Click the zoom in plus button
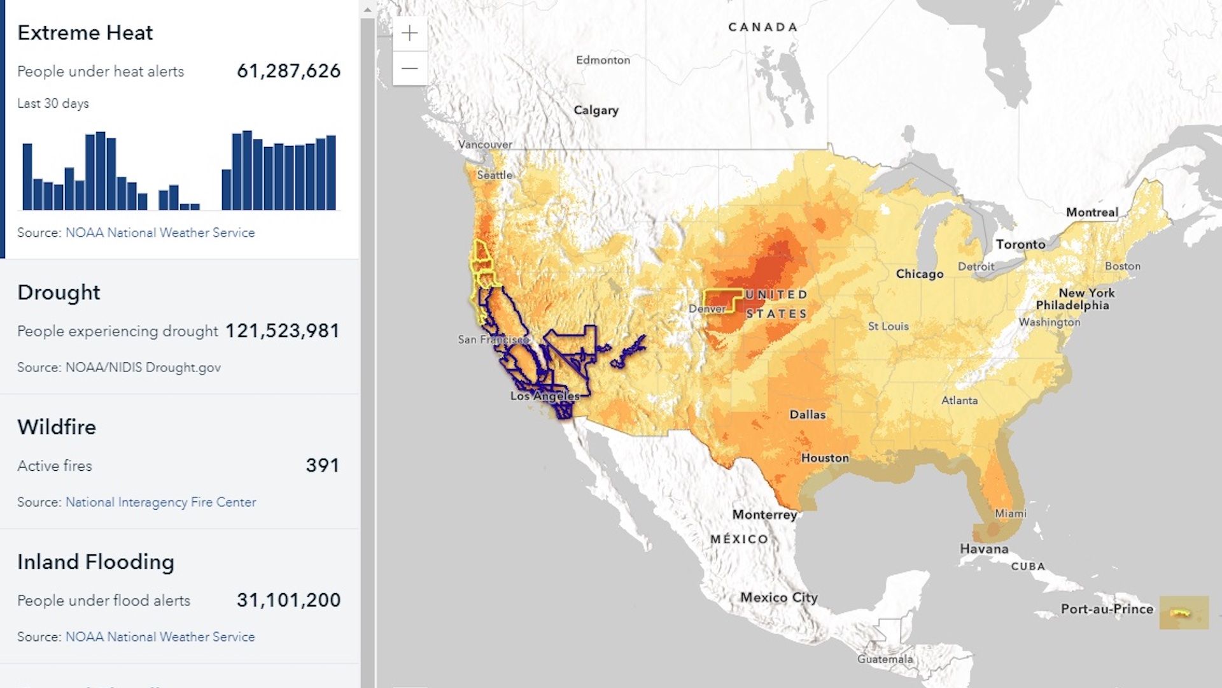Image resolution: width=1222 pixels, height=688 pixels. click(x=410, y=33)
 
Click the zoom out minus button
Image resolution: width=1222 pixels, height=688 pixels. click(x=410, y=68)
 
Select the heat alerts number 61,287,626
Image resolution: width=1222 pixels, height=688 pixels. click(x=288, y=71)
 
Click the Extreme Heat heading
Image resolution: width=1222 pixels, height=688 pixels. click(x=85, y=32)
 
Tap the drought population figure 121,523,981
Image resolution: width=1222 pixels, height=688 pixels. click(x=283, y=331)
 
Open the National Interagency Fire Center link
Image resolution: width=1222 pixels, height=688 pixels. click(x=160, y=502)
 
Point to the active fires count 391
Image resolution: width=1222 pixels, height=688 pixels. click(x=322, y=466)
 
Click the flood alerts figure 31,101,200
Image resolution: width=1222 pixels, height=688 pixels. click(x=288, y=600)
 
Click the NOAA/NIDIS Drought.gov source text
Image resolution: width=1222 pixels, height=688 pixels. click(x=143, y=368)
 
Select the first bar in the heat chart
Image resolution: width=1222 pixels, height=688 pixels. click(x=27, y=176)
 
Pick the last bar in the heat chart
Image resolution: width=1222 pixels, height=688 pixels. click(x=331, y=172)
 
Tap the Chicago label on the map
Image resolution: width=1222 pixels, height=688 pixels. click(x=919, y=274)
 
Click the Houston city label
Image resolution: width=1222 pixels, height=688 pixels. click(x=825, y=458)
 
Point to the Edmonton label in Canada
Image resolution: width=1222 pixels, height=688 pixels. click(x=603, y=60)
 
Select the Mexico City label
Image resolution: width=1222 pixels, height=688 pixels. click(x=778, y=598)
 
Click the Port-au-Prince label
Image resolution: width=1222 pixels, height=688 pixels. click(x=1107, y=609)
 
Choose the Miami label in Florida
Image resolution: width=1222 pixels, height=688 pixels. click(x=1010, y=513)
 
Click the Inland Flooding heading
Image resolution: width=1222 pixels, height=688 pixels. click(x=95, y=562)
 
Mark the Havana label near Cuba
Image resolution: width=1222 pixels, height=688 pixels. click(x=984, y=549)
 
